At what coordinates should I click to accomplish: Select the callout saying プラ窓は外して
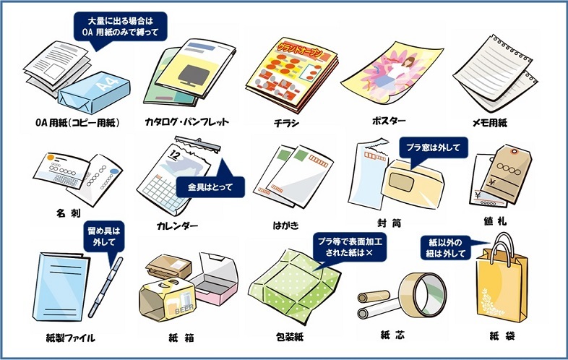[x=434, y=147]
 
